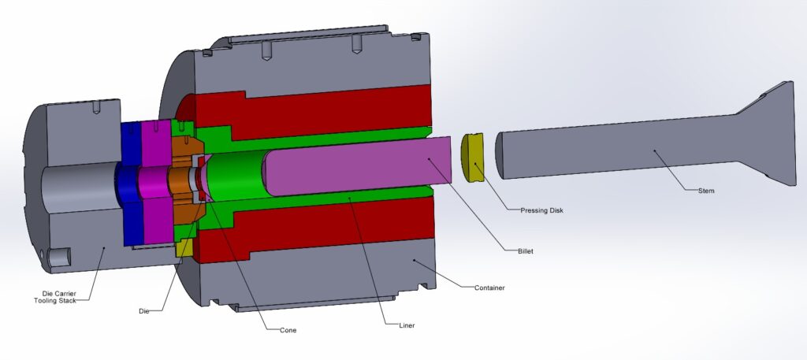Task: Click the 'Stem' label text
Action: tap(705, 190)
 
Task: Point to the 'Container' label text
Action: tap(489, 288)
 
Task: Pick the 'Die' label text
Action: tap(143, 311)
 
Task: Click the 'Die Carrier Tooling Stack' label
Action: tap(59, 296)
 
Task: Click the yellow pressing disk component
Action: tap(474, 158)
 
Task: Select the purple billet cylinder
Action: tap(355, 166)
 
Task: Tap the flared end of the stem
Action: tap(764, 134)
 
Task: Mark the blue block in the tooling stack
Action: tap(130, 181)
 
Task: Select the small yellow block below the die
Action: tap(184, 247)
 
